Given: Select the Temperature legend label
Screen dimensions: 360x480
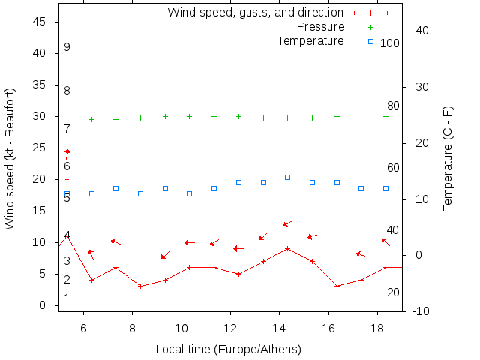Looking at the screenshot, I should tap(310, 40).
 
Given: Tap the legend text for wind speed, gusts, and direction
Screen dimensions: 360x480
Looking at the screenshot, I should tap(255, 13).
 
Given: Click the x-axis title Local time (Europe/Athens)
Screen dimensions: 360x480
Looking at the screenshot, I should tap(228, 349).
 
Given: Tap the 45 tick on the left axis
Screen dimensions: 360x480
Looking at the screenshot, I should tap(41, 22).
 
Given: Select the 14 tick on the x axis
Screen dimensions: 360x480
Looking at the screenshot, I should tap(279, 328).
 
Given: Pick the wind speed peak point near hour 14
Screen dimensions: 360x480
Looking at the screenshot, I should tap(288, 248).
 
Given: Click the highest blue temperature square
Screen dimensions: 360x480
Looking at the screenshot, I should tap(288, 178).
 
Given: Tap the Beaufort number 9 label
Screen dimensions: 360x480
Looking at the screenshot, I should tap(67, 47).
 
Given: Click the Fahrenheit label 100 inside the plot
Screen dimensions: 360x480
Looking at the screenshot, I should tap(390, 43).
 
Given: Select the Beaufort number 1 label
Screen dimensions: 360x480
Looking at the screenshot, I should tap(67, 298).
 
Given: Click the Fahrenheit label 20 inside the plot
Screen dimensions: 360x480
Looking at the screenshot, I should tap(393, 292).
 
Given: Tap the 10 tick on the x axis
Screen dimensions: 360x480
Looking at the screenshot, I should tap(181, 328).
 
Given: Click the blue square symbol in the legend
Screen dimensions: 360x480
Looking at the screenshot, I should tap(370, 40).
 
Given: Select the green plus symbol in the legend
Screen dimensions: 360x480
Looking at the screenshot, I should tap(370, 27).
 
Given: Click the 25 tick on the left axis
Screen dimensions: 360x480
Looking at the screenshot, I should tap(41, 148).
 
